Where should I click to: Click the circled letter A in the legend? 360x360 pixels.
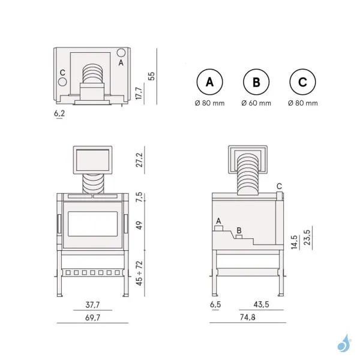(x=209, y=83)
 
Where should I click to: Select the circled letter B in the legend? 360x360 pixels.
(x=256, y=83)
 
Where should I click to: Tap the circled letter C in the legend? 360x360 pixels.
(x=303, y=83)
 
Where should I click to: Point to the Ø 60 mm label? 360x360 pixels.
(x=256, y=103)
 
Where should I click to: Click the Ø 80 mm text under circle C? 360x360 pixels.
(x=303, y=103)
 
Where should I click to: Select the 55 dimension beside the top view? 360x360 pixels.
(x=152, y=76)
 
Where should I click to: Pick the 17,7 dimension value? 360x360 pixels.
(x=140, y=93)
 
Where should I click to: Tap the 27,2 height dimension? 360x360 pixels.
(x=140, y=160)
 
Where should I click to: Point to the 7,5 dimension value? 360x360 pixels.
(x=140, y=197)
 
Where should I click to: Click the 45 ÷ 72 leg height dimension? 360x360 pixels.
(x=140, y=274)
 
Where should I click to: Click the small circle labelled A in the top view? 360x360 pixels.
(x=121, y=53)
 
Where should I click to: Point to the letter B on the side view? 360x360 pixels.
(x=239, y=230)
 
